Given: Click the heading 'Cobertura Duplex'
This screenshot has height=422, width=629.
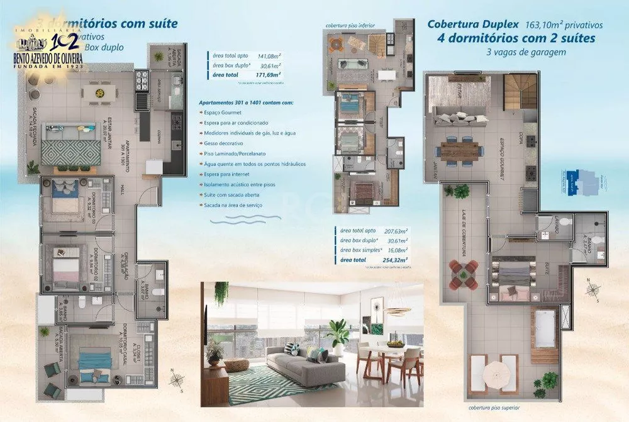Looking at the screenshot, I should pyautogui.click(x=473, y=25).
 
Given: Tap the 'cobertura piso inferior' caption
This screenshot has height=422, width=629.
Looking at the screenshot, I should pyautogui.click(x=350, y=26).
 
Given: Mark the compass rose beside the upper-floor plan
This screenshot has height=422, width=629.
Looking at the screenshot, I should pyautogui.click(x=592, y=290).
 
